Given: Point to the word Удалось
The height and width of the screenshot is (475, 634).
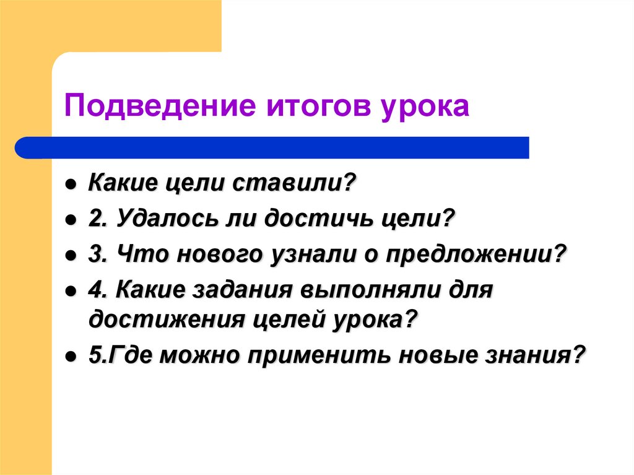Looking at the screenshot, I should [x=161, y=219].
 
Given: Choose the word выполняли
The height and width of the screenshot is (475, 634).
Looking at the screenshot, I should [x=371, y=290].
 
